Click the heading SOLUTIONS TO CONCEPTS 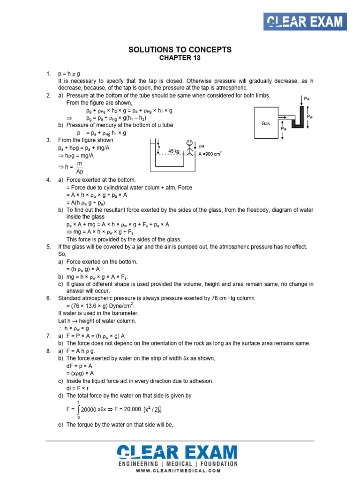(x=180, y=50)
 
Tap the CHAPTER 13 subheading (x=180, y=58)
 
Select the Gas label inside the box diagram (x=266, y=123)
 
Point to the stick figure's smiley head (x=189, y=143)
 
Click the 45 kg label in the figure (x=173, y=151)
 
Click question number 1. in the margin (x=48, y=74)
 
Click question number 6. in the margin (x=48, y=298)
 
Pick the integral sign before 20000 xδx (x=78, y=409)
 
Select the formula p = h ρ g (x=69, y=74)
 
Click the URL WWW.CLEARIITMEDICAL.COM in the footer (x=180, y=471)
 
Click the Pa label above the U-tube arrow (x=307, y=99)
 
